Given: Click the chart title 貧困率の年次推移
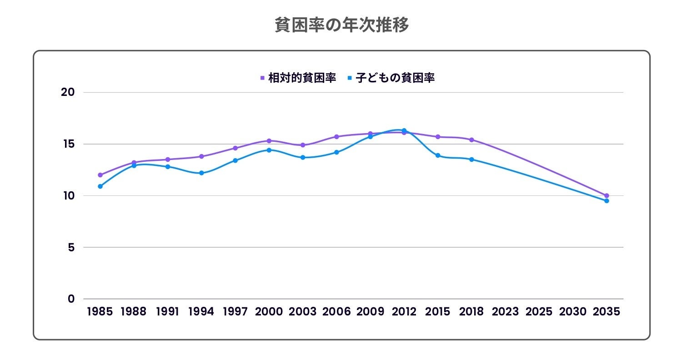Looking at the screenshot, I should click(x=342, y=25).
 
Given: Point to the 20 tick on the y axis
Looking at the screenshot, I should click(x=67, y=92).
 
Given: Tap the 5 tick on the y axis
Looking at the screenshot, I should click(x=71, y=248).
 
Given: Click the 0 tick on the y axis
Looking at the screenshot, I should click(x=71, y=299).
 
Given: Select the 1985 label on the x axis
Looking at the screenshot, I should click(x=100, y=312).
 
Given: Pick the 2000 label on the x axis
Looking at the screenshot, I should click(x=269, y=312).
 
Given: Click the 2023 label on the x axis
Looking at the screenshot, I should click(x=505, y=312).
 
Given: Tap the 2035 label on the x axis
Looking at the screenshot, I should click(x=606, y=312).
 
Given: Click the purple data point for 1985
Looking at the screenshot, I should click(x=100, y=175).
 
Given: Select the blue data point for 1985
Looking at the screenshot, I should click(x=100, y=186).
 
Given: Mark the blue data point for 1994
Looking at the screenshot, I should click(x=201, y=173).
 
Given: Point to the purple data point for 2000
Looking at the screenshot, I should click(x=269, y=141).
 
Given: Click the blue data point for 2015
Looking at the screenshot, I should click(x=438, y=155).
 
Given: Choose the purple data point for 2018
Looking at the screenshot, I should click(x=471, y=140).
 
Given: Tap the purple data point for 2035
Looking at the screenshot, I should click(x=606, y=195).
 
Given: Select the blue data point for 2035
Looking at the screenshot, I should click(x=606, y=201).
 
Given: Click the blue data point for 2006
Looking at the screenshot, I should click(x=336, y=152).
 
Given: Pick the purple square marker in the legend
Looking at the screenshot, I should click(x=262, y=78).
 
